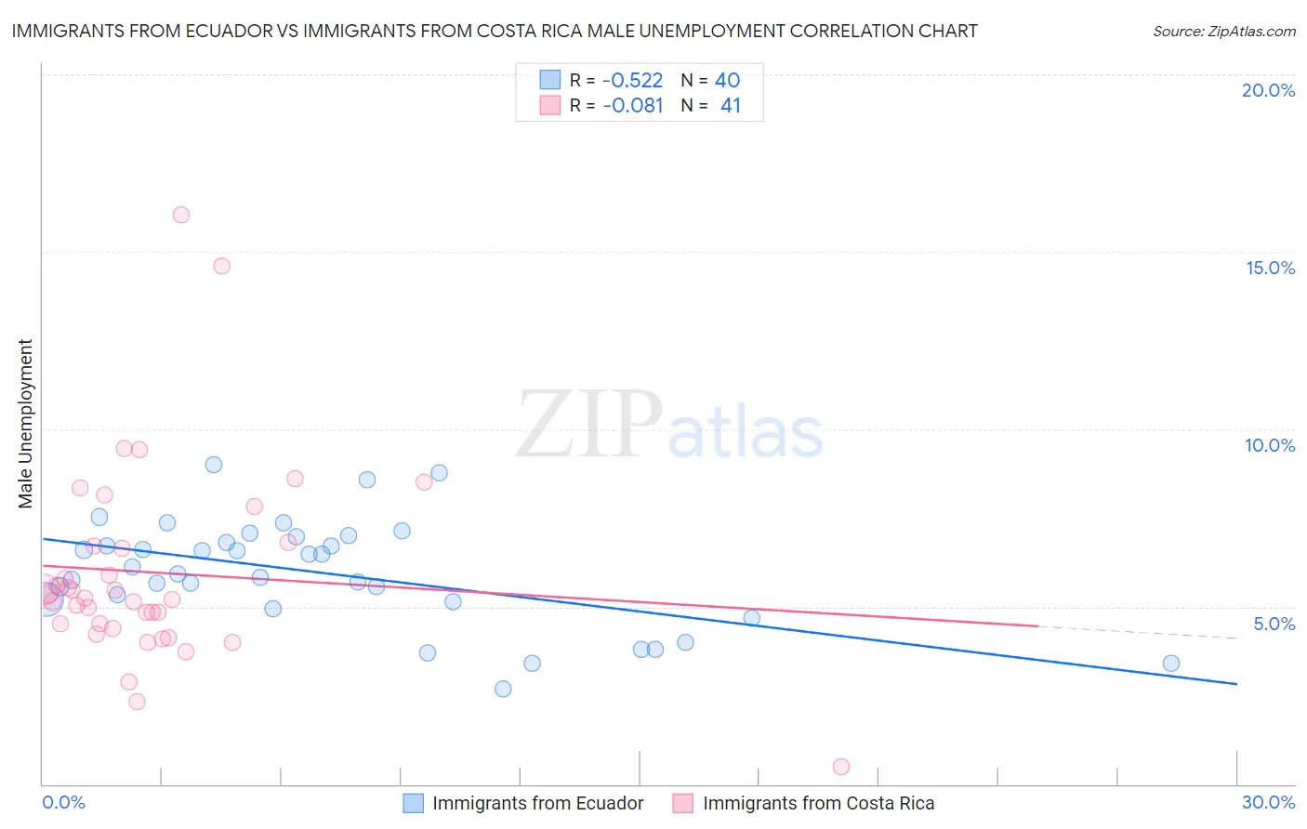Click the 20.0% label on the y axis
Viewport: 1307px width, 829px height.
coord(1268,90)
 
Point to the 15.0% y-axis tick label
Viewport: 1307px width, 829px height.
coord(1270,268)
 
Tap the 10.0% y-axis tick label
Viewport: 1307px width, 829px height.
coord(1270,445)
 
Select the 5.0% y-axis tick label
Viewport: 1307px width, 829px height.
coord(1274,624)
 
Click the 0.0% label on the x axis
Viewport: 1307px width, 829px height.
coord(63,802)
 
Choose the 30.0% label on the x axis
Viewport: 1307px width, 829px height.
coord(1268,802)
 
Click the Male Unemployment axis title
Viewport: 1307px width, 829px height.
coord(25,424)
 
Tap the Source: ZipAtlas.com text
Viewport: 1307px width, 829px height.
coord(1223,31)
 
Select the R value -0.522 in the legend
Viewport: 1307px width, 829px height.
coord(632,80)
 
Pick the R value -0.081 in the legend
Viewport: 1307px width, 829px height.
coord(632,106)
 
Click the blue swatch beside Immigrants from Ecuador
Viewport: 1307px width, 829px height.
coord(413,803)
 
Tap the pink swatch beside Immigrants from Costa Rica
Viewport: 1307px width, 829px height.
coord(683,803)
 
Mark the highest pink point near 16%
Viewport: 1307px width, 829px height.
coord(181,215)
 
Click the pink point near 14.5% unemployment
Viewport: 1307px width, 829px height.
coord(221,266)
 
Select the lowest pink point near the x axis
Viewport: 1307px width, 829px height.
coord(841,767)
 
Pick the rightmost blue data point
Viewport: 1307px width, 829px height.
coord(1171,664)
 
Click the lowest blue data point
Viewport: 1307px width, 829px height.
coord(503,689)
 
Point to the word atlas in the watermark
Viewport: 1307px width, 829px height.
coord(746,433)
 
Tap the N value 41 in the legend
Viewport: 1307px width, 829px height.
coord(731,106)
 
